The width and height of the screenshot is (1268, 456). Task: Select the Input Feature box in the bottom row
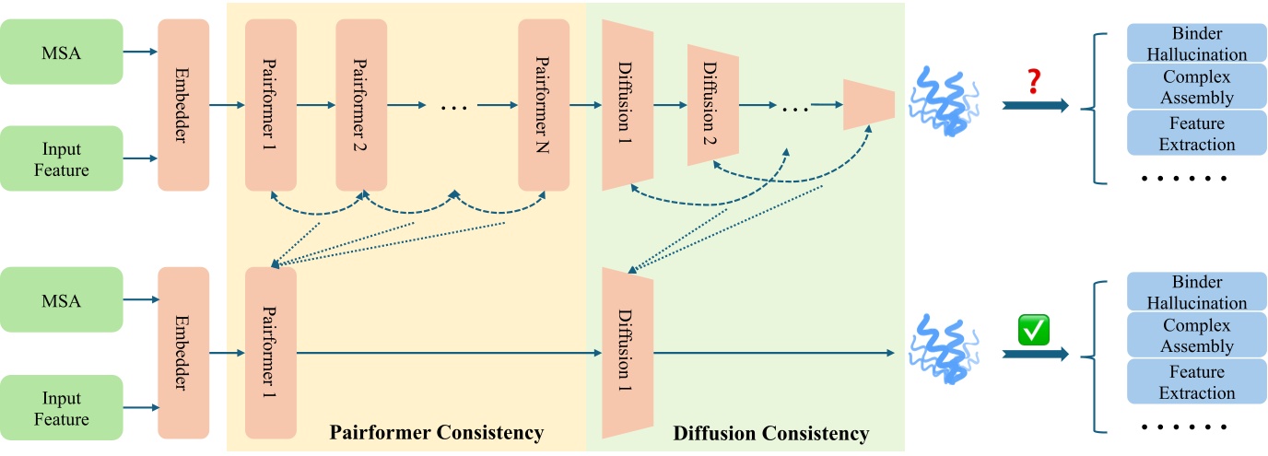[x=62, y=408]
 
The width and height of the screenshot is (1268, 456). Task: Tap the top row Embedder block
[x=183, y=105]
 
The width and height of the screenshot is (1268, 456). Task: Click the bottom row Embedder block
[x=183, y=353]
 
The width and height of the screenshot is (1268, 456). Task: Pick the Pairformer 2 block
[x=361, y=105]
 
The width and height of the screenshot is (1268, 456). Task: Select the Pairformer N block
[x=544, y=105]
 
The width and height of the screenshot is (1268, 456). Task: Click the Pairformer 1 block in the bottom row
[x=271, y=353]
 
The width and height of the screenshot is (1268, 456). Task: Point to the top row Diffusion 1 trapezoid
[x=628, y=104]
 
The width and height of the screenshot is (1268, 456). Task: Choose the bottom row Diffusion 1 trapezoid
[x=628, y=353]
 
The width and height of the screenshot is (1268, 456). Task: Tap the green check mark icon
[x=1033, y=329]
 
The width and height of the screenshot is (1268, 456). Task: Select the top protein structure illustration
[x=942, y=102]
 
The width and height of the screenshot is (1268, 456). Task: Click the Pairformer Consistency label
[x=437, y=433]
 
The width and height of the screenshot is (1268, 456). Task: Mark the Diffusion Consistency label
[x=770, y=433]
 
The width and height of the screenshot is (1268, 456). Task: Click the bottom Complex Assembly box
[x=1196, y=336]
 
